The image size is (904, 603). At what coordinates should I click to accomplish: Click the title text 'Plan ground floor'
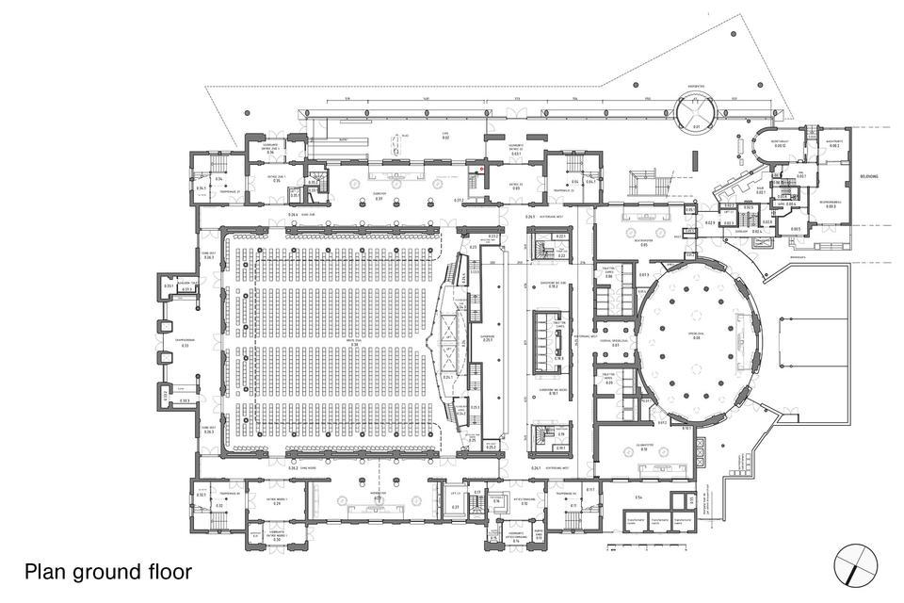(108, 571)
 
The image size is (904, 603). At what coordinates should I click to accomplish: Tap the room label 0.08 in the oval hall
(696, 337)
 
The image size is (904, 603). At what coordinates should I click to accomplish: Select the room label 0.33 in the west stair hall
(186, 345)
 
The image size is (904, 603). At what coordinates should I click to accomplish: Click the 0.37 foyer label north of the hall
(379, 199)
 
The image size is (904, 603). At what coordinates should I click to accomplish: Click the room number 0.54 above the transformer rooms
(638, 497)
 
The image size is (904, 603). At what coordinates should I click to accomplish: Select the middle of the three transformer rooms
(659, 520)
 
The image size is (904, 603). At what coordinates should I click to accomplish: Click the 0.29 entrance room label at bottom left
(278, 503)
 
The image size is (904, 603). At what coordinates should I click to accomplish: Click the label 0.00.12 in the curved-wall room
(780, 146)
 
